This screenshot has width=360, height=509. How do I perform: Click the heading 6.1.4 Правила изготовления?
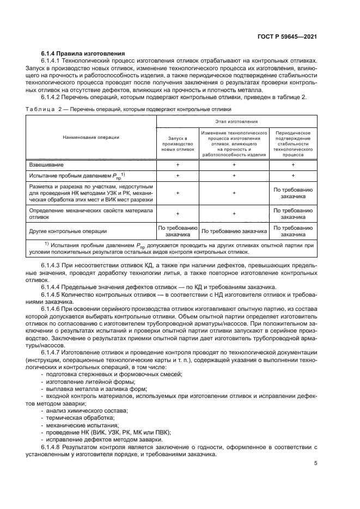click(x=83, y=53)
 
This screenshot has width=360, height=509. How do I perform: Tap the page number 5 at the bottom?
click(x=316, y=464)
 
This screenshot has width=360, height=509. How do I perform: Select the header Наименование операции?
click(x=91, y=137)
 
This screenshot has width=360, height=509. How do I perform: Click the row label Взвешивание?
click(x=46, y=164)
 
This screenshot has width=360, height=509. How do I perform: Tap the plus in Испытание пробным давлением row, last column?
click(x=293, y=176)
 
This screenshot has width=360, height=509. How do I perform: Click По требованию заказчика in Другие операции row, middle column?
click(x=234, y=231)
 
